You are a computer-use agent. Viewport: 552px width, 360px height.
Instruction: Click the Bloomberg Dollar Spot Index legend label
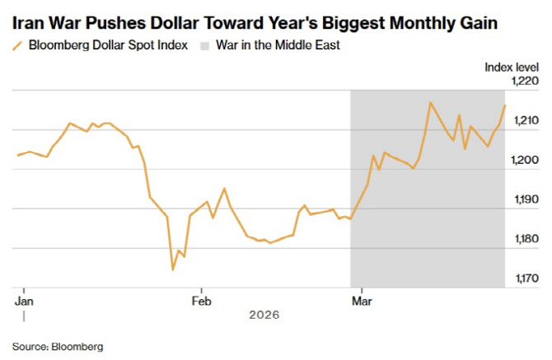pyautogui.click(x=109, y=45)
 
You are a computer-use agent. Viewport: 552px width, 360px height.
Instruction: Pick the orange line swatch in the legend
pyautogui.click(x=17, y=45)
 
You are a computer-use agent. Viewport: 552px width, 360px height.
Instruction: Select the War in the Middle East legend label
pyautogui.click(x=278, y=45)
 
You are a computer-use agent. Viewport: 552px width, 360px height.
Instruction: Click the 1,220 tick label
pyautogui.click(x=525, y=82)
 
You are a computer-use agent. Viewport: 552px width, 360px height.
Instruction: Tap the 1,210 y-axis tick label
pyautogui.click(x=525, y=121)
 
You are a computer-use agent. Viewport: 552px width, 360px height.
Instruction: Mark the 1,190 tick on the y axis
pyautogui.click(x=525, y=200)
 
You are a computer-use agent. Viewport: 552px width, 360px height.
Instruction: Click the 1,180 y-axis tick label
pyautogui.click(x=525, y=240)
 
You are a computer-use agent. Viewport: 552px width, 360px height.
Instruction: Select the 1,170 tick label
pyautogui.click(x=525, y=279)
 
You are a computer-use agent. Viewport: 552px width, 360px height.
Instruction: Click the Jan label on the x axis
pyautogui.click(x=23, y=301)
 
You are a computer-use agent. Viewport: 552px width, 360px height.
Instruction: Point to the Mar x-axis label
pyautogui.click(x=359, y=301)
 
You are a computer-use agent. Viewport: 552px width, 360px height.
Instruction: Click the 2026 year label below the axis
pyautogui.click(x=265, y=315)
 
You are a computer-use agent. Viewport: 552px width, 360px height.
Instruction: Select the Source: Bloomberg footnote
pyautogui.click(x=58, y=347)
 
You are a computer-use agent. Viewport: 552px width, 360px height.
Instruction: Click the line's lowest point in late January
pyautogui.click(x=173, y=269)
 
